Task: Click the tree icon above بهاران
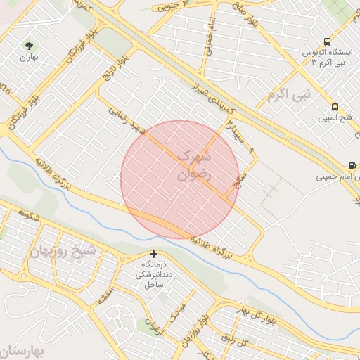tap(29, 44)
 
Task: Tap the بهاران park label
tap(28, 56)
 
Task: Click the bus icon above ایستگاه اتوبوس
tap(327, 41)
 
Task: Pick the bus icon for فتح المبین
tap(334, 108)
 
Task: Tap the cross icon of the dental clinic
tap(154, 254)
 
